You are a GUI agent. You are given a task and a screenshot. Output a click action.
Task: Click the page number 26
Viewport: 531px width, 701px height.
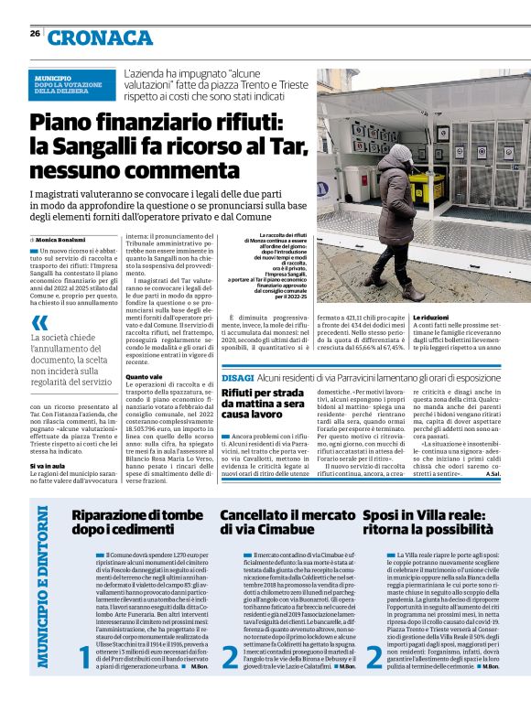tap(34, 34)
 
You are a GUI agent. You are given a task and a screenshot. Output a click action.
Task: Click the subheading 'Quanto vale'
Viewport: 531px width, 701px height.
tap(144, 376)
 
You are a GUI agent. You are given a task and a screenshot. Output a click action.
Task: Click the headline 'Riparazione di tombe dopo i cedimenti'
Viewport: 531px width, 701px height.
tap(137, 522)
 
